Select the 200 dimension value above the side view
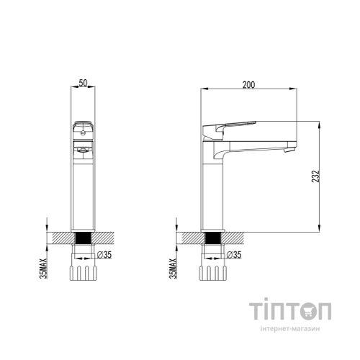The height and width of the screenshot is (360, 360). pyautogui.click(x=248, y=84)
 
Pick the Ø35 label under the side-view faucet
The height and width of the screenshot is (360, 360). pyautogui.click(x=233, y=255)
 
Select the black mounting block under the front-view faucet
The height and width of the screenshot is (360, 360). pyautogui.click(x=83, y=238)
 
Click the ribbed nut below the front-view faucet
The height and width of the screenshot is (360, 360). pyautogui.click(x=83, y=272)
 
